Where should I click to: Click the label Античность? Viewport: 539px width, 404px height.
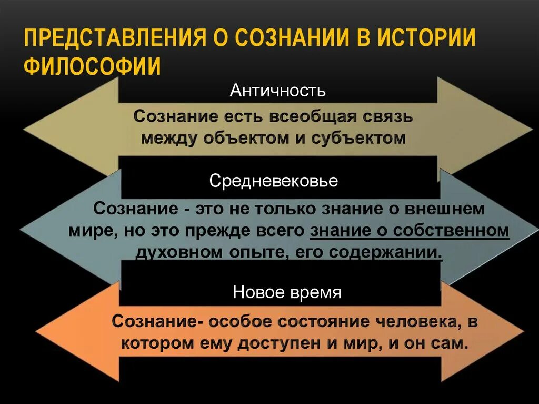[x=277, y=91]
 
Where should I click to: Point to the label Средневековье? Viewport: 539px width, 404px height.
[x=274, y=181]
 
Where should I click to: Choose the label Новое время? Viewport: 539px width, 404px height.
[x=287, y=292]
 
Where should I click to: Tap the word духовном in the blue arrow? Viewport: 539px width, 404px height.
[x=179, y=252]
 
